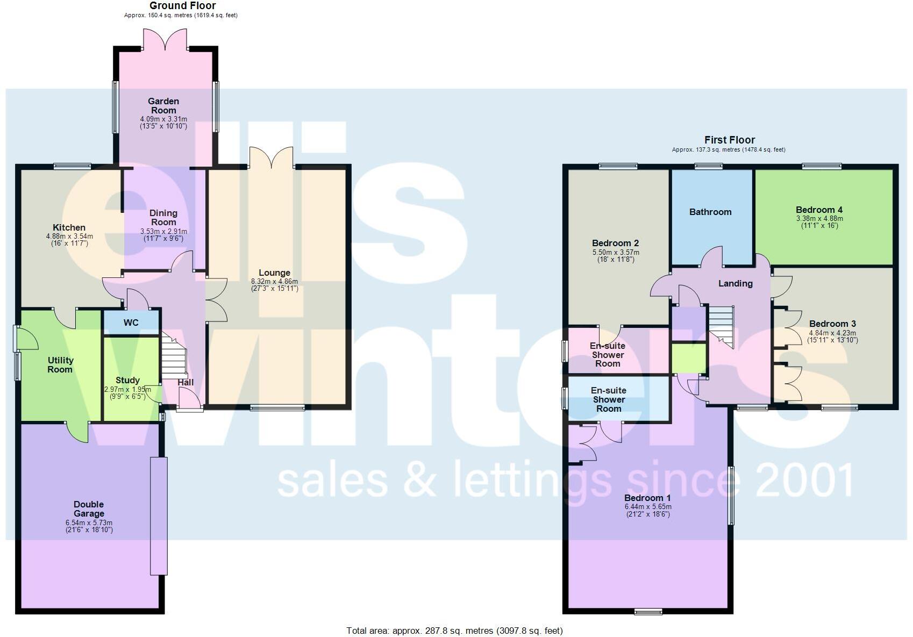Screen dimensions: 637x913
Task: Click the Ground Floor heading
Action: tap(182, 6)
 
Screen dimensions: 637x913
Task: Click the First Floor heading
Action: tap(729, 140)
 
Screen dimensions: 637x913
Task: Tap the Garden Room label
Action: tap(163, 105)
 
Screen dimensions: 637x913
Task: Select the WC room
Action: tap(131, 323)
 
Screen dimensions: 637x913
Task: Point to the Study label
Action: tap(127, 380)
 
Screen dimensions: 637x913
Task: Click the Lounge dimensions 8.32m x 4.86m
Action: tap(274, 281)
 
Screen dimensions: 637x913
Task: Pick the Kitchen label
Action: tap(69, 227)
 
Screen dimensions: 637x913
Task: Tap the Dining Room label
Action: tap(163, 217)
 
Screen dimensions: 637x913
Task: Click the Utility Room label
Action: tap(60, 364)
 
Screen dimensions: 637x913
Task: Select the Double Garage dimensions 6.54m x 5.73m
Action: tap(89, 523)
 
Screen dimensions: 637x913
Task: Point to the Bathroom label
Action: tap(710, 212)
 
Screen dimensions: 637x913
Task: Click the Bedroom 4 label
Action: tap(819, 210)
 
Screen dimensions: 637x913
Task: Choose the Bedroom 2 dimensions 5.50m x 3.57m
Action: tap(616, 252)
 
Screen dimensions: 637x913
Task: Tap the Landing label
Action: tap(735, 283)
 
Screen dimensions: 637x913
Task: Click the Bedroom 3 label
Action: tap(832, 324)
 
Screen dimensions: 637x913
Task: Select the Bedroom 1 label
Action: tap(647, 498)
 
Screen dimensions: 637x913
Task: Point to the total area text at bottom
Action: tap(454, 631)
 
